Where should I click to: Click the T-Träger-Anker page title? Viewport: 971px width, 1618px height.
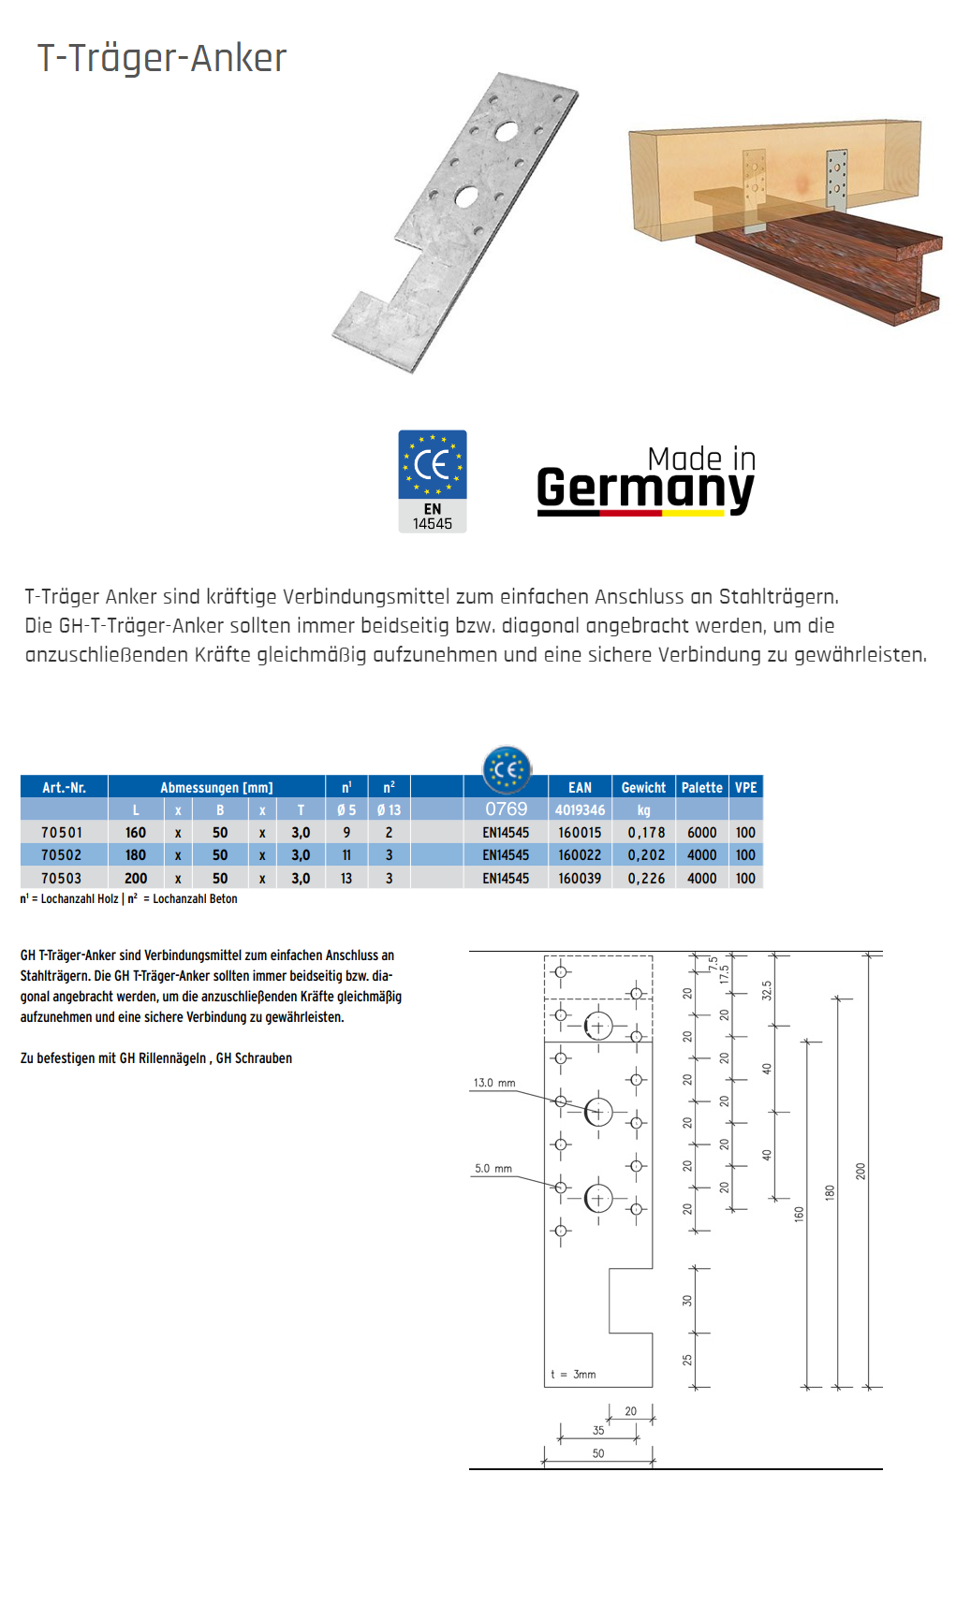pyautogui.click(x=161, y=58)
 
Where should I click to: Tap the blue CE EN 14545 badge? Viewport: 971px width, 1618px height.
pyautogui.click(x=432, y=481)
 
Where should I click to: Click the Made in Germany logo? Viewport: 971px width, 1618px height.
pyautogui.click(x=645, y=481)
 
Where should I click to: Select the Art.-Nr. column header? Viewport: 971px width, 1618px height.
pyautogui.click(x=64, y=787)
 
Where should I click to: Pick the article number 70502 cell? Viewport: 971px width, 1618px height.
pyautogui.click(x=61, y=854)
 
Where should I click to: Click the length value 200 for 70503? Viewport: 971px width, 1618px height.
pyautogui.click(x=136, y=878)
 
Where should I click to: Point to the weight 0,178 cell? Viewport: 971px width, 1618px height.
pyautogui.click(x=646, y=832)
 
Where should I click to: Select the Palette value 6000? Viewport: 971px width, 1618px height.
pyautogui.click(x=701, y=832)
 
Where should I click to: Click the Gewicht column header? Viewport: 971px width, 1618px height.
pyautogui.click(x=643, y=787)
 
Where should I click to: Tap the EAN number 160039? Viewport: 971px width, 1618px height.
pyautogui.click(x=580, y=878)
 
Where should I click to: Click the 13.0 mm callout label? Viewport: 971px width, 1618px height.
pyautogui.click(x=494, y=1083)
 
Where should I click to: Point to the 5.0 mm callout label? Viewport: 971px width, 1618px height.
pyautogui.click(x=493, y=1168)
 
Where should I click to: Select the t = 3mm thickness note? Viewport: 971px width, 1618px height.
pyautogui.click(x=573, y=1374)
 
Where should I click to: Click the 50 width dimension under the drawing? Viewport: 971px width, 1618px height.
pyautogui.click(x=598, y=1453)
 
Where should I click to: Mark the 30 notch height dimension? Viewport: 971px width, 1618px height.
pyautogui.click(x=686, y=1300)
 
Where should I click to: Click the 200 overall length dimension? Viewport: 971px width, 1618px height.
pyautogui.click(x=861, y=1170)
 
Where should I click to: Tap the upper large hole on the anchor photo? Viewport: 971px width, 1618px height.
pyautogui.click(x=507, y=131)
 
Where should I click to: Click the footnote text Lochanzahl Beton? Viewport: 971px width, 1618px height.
pyautogui.click(x=195, y=898)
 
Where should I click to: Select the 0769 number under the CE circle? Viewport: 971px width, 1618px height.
pyautogui.click(x=506, y=809)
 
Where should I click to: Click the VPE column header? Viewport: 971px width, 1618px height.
pyautogui.click(x=745, y=787)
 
